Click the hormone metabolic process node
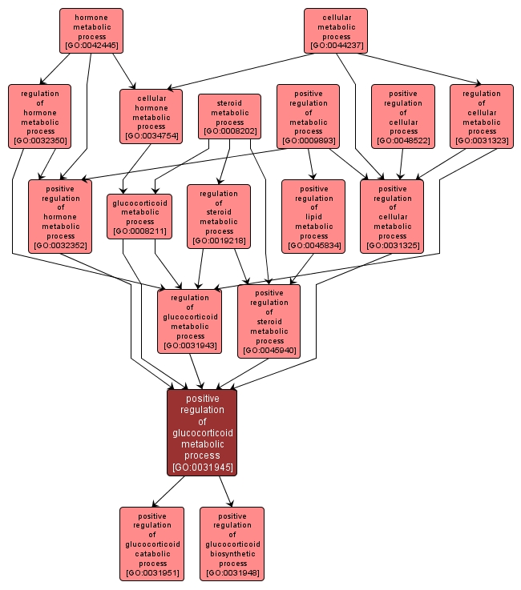point(91,31)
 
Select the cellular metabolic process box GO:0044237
point(336,31)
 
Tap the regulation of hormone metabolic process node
point(40,116)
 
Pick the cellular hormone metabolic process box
point(151,116)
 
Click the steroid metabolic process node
point(230,116)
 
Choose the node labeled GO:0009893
point(308,116)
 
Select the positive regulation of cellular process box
point(403,116)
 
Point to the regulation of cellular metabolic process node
point(482,116)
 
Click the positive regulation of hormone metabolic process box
point(60,216)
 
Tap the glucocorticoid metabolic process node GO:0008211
point(140,216)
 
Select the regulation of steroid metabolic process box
point(219,216)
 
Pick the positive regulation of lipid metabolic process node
point(313,216)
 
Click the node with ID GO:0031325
point(392,216)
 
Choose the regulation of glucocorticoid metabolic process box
point(190,321)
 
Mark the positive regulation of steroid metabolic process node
point(269,321)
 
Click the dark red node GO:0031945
point(202,431)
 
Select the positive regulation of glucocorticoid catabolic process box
point(151,544)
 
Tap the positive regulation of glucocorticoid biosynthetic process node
point(232,544)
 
